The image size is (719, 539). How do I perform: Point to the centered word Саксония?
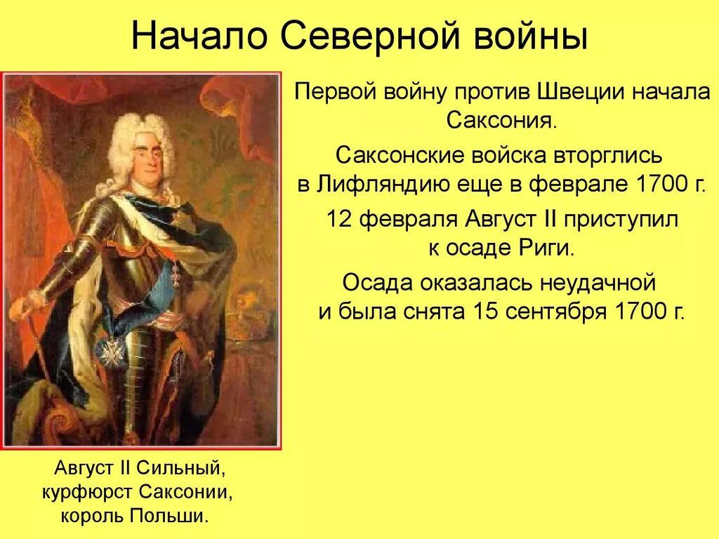502,121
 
